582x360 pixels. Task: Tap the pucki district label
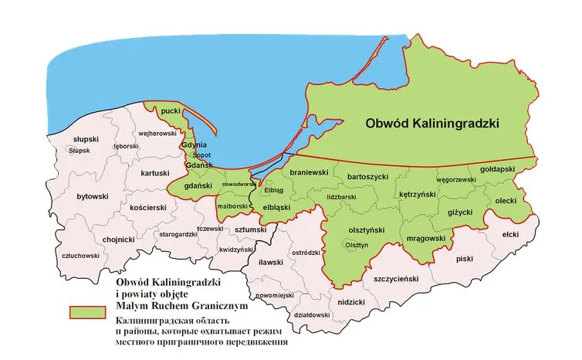coord(171,112)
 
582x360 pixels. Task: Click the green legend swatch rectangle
coord(86,311)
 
